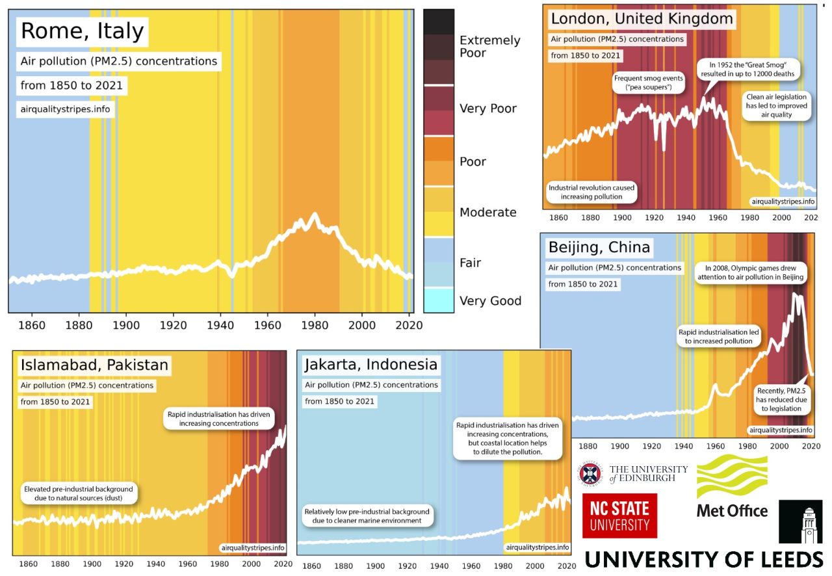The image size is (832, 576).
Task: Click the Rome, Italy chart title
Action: [83, 31]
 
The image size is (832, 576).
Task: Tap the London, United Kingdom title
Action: [642, 19]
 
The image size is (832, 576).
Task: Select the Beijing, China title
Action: [599, 248]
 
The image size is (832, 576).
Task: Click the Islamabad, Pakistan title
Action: [94, 365]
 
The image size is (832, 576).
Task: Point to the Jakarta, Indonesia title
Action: [371, 365]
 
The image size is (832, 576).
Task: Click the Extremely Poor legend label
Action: [489, 46]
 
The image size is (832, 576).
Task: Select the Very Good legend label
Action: [490, 301]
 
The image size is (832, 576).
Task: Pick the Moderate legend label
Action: [487, 213]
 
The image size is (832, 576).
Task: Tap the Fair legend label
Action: [470, 263]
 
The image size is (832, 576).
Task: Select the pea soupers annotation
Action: [648, 83]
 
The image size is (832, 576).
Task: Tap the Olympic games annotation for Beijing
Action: [750, 272]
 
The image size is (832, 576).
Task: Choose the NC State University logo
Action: [619, 516]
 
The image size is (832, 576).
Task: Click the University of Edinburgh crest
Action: [590, 474]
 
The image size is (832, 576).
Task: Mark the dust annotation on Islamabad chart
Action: [78, 493]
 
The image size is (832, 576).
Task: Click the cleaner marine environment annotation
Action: [367, 516]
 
